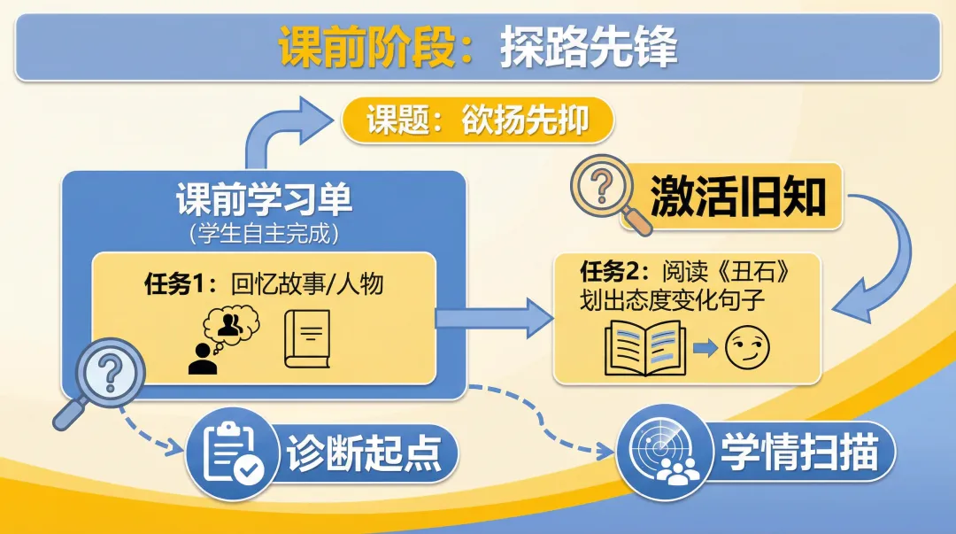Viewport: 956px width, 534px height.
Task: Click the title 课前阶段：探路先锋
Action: coord(478,47)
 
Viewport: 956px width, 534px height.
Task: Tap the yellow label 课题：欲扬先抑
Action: coord(478,120)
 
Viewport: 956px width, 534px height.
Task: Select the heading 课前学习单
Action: coord(264,200)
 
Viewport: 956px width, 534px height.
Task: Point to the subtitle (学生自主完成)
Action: coord(264,234)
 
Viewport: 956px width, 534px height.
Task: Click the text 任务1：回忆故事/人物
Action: coord(264,284)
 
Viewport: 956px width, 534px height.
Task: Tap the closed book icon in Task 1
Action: coord(306,338)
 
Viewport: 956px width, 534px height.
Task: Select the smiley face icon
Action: coord(748,348)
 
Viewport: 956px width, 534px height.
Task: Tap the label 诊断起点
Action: coord(363,453)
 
